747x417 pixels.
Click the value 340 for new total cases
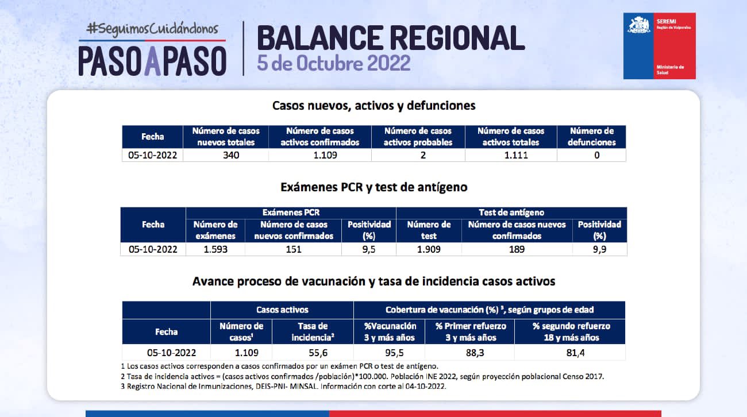pos(231,155)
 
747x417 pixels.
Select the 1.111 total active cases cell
pos(516,155)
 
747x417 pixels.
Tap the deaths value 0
pos(597,155)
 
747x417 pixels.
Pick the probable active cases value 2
pos(423,155)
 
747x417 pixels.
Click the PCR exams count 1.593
pos(215,249)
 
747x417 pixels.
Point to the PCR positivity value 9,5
pos(369,249)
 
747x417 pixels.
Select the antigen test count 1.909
pos(429,249)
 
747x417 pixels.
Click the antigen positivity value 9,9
pos(599,249)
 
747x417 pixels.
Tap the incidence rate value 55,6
pos(318,353)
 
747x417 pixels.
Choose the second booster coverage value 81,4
pos(575,353)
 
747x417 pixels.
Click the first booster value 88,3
pos(475,353)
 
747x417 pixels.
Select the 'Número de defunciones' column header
pos(592,137)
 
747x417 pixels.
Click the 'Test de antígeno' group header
pos(511,213)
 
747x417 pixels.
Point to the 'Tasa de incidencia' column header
pos(313,331)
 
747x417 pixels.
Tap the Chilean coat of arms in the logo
pos(638,25)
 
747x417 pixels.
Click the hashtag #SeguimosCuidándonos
pos(152,29)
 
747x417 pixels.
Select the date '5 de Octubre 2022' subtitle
pos(333,63)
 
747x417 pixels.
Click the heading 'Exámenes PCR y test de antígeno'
pos(374,187)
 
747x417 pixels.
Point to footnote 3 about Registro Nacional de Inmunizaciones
pos(283,387)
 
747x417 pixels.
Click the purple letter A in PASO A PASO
pos(152,61)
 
